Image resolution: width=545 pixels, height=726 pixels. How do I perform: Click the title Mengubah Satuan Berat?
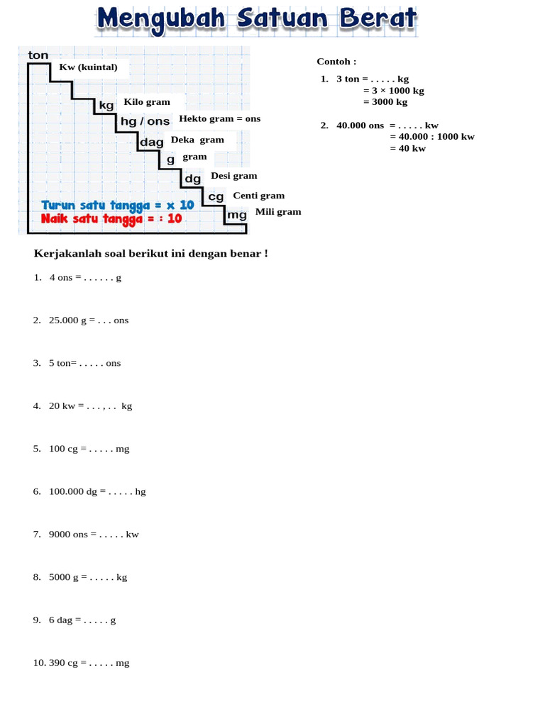(256, 19)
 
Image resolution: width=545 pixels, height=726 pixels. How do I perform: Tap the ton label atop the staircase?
(38, 55)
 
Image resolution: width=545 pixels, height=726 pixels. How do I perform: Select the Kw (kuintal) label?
(89, 67)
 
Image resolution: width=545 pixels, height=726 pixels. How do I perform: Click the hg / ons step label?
(145, 121)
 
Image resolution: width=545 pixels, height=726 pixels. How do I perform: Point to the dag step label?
(152, 142)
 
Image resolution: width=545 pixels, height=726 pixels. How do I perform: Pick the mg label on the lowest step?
(237, 214)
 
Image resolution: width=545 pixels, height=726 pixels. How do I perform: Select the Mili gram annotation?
(278, 211)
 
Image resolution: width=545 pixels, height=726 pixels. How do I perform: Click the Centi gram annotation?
(258, 195)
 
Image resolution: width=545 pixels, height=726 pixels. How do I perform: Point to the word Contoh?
(336, 62)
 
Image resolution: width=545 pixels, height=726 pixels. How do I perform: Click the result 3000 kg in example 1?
(385, 102)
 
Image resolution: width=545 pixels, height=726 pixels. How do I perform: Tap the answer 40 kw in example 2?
(408, 148)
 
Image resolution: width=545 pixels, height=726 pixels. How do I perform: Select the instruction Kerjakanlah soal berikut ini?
(151, 253)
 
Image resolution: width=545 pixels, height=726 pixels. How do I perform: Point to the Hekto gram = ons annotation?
(220, 118)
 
